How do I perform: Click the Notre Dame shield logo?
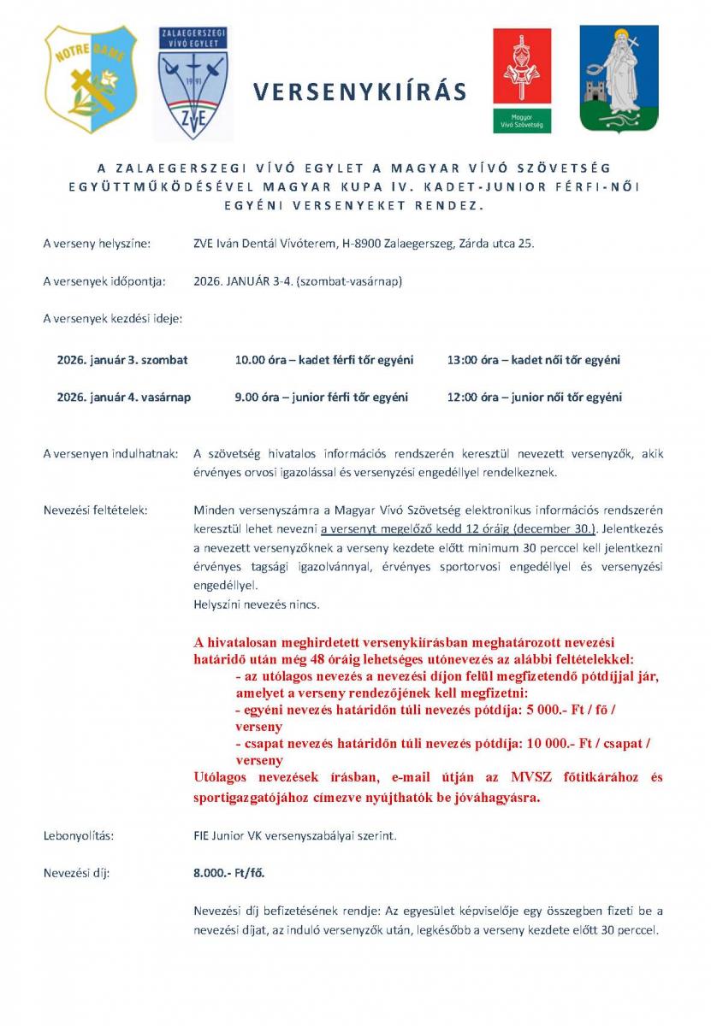(x=91, y=79)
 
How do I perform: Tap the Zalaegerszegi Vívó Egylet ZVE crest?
(x=193, y=84)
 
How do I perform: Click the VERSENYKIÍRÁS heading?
(x=359, y=92)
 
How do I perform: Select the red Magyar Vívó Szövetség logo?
(x=521, y=80)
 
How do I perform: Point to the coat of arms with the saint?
(x=619, y=79)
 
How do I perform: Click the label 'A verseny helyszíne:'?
(x=97, y=244)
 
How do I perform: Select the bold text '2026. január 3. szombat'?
(x=122, y=360)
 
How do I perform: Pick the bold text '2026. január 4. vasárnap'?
(x=124, y=397)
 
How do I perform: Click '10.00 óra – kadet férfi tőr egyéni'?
(x=323, y=360)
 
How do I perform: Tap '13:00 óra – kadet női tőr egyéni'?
(x=533, y=360)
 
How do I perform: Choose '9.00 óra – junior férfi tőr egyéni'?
(x=321, y=397)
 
